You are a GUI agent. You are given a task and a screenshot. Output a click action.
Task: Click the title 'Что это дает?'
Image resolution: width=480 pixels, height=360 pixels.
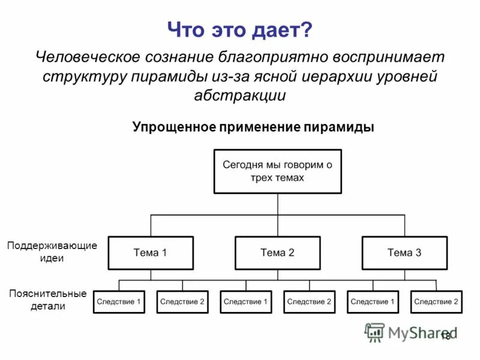pos(239,29)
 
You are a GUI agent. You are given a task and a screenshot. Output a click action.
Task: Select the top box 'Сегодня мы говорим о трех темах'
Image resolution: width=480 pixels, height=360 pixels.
pos(277,171)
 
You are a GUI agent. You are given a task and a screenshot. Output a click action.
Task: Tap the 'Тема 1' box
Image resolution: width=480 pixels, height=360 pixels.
pos(151,253)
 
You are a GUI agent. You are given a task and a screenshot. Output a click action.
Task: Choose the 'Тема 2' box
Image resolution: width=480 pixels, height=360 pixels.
pos(277,253)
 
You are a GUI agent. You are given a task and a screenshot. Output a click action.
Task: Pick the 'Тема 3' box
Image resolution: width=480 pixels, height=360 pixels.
pos(404,253)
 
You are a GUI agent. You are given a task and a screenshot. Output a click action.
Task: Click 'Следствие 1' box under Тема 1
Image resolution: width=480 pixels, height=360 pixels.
pos(119,302)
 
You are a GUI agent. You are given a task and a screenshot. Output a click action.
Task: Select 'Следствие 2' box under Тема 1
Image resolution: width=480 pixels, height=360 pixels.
pos(182,302)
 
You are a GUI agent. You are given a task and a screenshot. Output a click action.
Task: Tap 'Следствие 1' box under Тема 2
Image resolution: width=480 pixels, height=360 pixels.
pos(245,302)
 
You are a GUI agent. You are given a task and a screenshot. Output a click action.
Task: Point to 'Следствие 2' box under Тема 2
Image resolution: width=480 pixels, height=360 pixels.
pos(309,302)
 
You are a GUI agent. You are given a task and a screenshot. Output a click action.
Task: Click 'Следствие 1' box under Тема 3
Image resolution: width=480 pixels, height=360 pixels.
pos(373,302)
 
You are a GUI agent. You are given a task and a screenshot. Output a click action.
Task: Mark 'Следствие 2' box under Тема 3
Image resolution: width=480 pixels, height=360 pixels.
pos(436,302)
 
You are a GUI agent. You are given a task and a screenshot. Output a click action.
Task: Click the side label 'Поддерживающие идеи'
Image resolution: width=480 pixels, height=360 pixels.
pos(52,252)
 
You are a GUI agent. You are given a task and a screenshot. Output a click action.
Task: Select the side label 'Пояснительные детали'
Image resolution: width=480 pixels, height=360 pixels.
pos(48,300)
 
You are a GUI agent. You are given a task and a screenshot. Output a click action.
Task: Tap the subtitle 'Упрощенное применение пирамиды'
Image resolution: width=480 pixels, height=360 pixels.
pos(253,127)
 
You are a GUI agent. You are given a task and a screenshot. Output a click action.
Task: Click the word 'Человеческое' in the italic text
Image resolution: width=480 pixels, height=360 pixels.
pos(88,57)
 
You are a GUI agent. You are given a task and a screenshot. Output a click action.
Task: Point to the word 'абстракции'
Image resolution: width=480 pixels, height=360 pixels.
pos(240,95)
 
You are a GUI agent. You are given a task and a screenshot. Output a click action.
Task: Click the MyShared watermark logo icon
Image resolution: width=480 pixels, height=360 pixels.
pos(375,332)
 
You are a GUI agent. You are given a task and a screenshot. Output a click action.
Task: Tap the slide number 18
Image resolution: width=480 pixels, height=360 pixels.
pos(445,336)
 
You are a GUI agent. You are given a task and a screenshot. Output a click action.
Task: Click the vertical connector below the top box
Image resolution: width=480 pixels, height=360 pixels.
pos(278,204)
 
